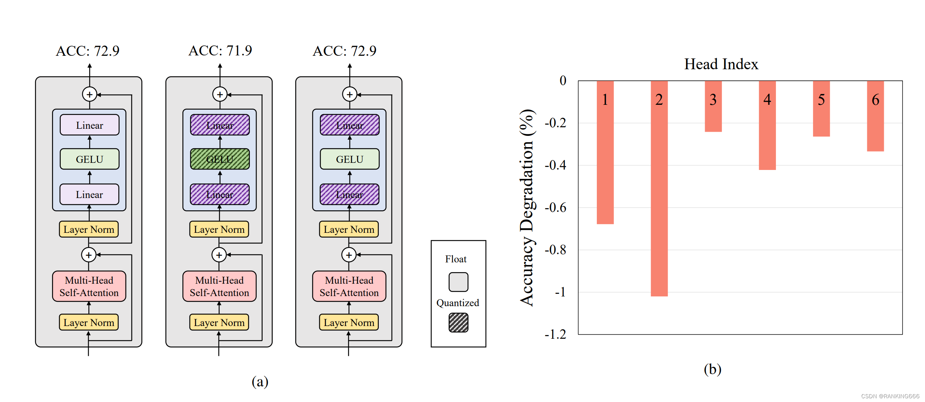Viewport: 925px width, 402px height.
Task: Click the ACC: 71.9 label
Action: click(x=220, y=51)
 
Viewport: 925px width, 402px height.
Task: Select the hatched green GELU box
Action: click(x=220, y=159)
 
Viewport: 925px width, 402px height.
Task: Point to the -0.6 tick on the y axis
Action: click(x=556, y=208)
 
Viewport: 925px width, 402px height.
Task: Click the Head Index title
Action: click(x=721, y=64)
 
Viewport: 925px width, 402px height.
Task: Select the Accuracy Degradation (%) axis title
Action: click(x=527, y=208)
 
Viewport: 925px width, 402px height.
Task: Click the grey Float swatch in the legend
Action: click(x=458, y=282)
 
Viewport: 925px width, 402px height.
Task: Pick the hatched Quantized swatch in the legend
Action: click(x=458, y=323)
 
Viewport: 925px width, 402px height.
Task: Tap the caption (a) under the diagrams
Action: click(x=260, y=381)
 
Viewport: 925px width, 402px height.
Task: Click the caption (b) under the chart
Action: click(x=712, y=369)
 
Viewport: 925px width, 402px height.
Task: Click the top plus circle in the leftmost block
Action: click(x=90, y=94)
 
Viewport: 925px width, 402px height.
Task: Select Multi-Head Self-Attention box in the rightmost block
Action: click(x=349, y=286)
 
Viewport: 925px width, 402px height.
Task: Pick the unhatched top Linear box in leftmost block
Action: click(x=90, y=125)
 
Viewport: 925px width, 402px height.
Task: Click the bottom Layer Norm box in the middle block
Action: click(x=219, y=322)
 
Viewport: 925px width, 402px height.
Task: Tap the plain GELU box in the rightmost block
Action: click(x=350, y=159)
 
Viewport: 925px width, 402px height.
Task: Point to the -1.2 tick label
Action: click(x=555, y=334)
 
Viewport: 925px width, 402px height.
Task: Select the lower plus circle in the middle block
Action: click(x=219, y=255)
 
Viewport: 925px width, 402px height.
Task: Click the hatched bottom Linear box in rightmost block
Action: click(x=350, y=194)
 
